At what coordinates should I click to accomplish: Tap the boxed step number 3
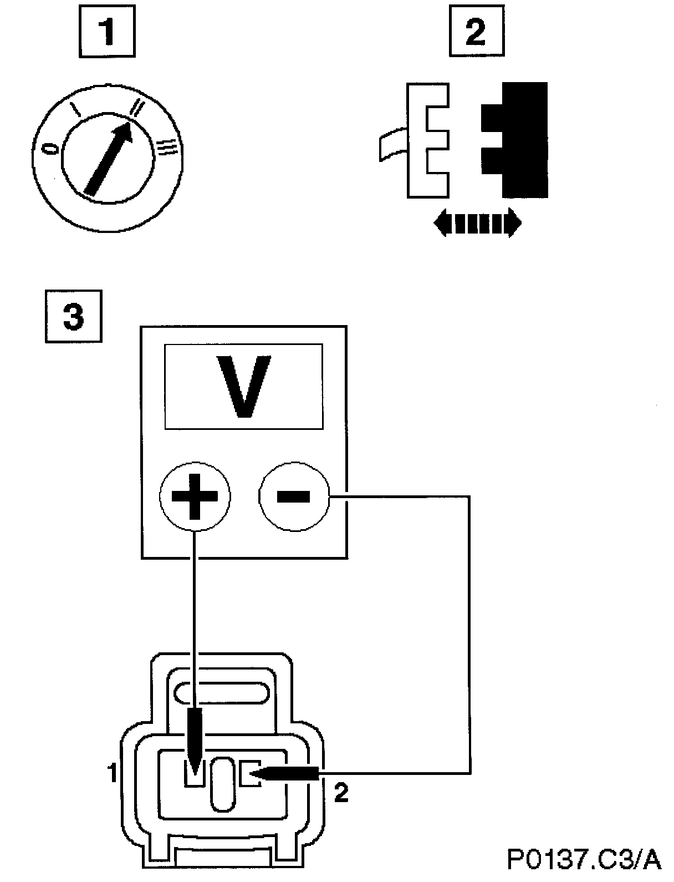(74, 317)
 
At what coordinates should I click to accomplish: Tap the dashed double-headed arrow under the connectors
(477, 224)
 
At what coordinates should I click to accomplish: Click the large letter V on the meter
(243, 387)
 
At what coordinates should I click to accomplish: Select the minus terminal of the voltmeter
(293, 495)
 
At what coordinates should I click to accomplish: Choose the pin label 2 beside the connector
(342, 794)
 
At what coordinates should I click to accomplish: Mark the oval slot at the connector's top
(222, 693)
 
